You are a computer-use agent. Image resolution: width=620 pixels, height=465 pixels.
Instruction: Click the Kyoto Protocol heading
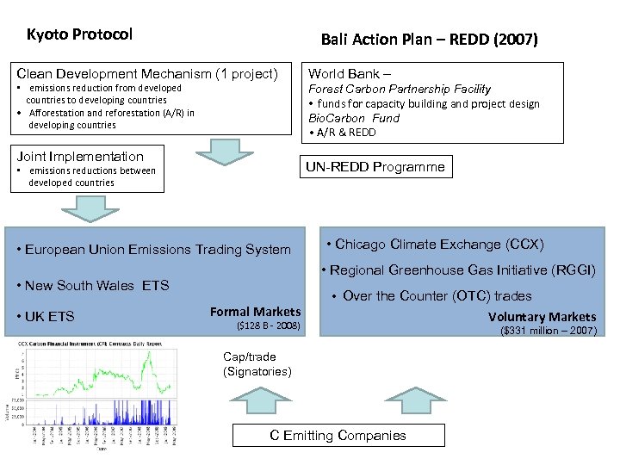point(79,34)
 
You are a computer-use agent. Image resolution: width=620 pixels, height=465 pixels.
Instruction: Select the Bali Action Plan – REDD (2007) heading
point(429,40)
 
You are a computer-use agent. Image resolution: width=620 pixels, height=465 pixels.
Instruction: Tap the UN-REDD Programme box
point(376,167)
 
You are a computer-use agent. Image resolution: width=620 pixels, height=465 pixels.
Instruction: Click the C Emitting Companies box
point(338,435)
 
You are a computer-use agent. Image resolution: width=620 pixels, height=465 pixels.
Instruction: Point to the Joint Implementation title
point(81,156)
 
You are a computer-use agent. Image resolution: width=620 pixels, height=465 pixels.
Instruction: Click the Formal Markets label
point(256,312)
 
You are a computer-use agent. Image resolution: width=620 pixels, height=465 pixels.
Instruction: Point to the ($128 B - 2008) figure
point(268,326)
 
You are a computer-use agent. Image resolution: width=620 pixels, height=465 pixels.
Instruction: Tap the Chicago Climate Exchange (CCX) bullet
point(434,245)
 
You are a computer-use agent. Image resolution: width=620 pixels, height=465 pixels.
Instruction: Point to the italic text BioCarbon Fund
point(354,118)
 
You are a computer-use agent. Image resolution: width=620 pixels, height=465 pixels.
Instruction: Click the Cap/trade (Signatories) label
point(257,363)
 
